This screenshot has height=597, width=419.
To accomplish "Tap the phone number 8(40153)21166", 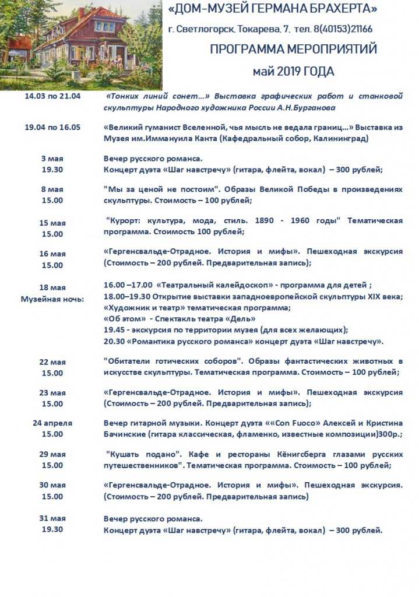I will [x=343, y=29].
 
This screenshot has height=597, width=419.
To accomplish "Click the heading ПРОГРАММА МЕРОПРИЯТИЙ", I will [x=294, y=50].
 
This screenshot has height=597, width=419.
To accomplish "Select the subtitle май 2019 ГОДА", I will [x=293, y=71].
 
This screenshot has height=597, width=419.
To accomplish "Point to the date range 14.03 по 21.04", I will [x=52, y=96].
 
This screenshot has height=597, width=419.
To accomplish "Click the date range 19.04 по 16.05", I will [x=52, y=128].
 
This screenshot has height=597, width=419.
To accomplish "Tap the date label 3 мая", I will [x=52, y=159].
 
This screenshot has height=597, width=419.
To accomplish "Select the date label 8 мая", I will [x=52, y=189].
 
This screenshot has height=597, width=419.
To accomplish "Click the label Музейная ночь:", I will [x=52, y=298].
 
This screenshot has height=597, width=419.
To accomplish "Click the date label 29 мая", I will [x=52, y=454].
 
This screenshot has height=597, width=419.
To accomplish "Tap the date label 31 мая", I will [x=52, y=518].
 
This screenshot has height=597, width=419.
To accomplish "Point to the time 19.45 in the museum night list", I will [x=114, y=329].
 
